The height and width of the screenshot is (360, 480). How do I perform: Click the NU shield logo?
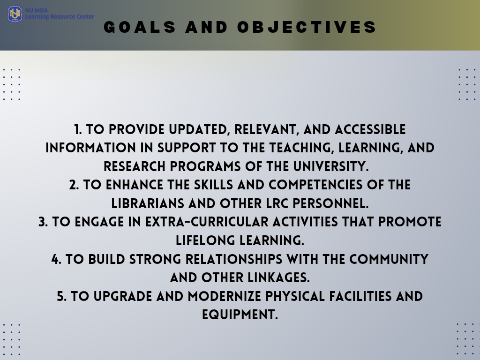pos(15,14)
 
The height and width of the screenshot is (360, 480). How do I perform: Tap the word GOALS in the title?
pos(140,27)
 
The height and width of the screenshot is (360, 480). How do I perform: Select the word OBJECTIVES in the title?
pos(307,27)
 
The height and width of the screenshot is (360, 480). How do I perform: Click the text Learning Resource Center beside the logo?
pos(60,16)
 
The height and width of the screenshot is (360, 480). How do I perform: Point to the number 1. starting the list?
pos(78,129)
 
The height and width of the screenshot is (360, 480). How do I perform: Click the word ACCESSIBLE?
pos(370,129)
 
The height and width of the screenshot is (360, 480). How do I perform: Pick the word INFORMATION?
pos(90,148)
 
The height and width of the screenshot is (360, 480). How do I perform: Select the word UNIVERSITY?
pos(330,166)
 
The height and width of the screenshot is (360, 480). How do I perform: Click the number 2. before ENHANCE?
pos(74,185)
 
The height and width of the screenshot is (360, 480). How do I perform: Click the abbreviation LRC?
pos(277,203)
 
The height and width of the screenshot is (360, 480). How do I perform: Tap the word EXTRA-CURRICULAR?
pos(207,222)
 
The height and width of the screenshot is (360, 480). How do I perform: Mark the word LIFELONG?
pos(205,240)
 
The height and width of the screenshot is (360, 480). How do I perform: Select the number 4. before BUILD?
pos(56,259)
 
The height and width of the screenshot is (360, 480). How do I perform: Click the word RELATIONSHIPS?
pos(234,259)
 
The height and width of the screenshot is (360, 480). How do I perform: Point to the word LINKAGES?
pos(278,277)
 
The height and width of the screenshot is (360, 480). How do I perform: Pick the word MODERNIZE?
pos(225,296)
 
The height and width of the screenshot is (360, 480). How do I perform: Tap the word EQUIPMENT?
pos(240,315)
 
